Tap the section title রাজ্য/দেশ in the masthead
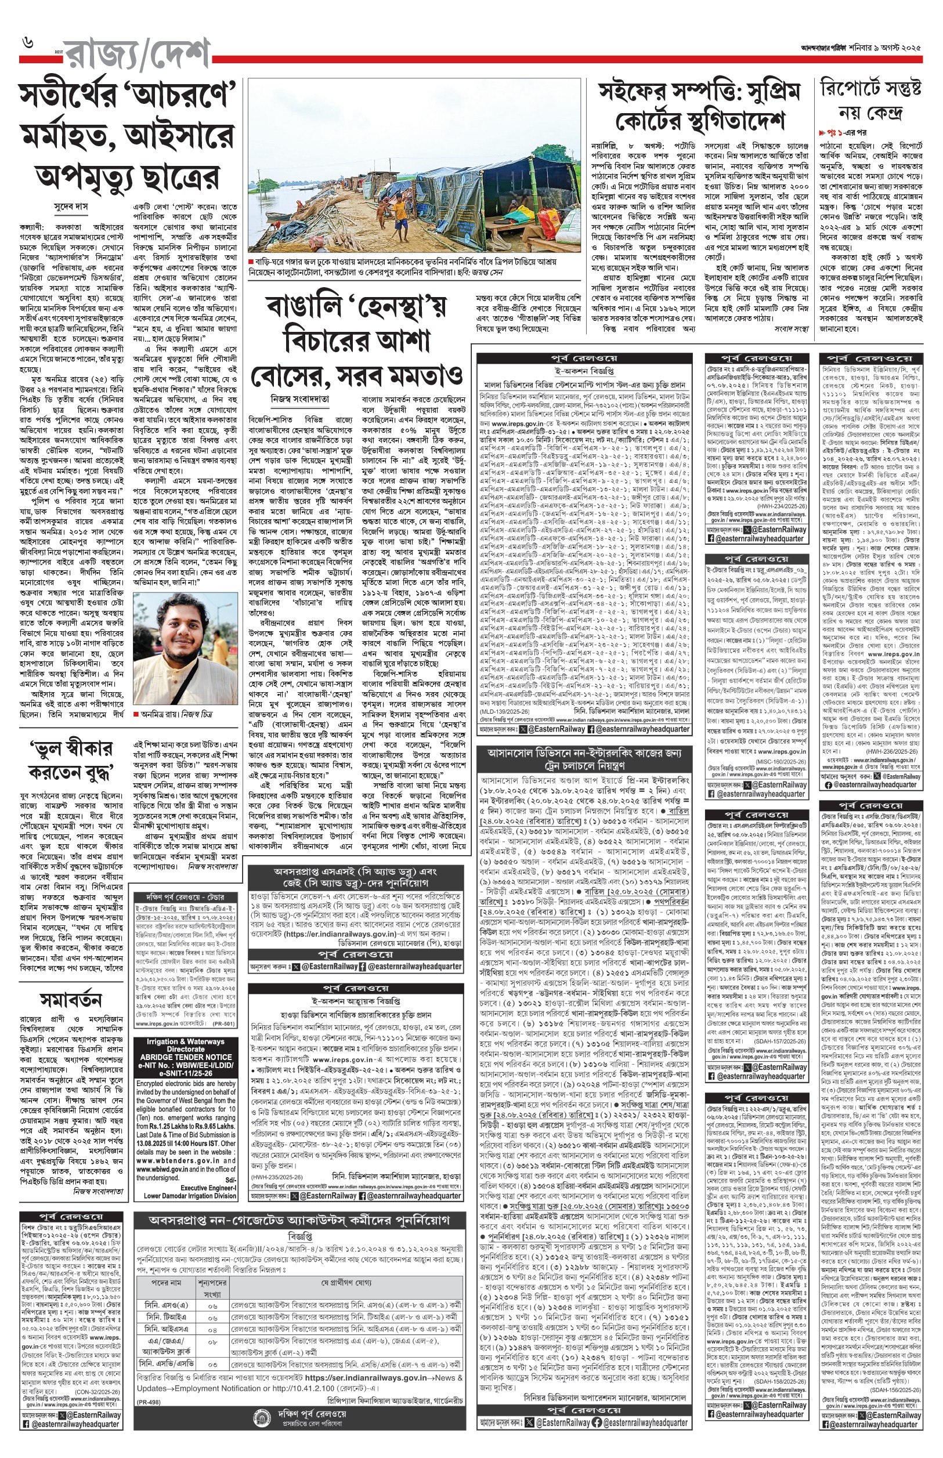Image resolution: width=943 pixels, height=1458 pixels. [138, 56]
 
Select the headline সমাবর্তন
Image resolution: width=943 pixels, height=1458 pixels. [71, 1001]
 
